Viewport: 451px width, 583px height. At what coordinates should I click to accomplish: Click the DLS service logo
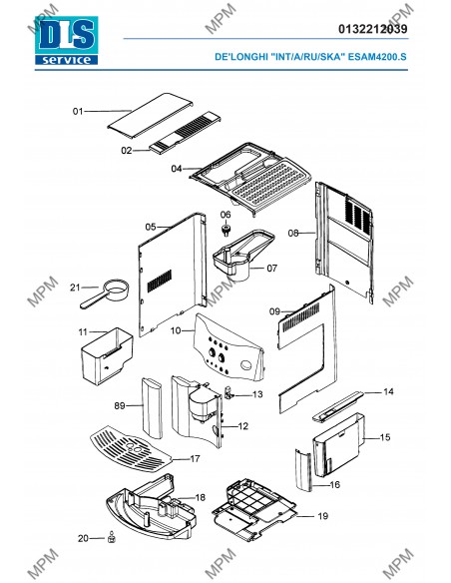point(66,41)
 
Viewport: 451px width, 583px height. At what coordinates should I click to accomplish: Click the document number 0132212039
point(372,29)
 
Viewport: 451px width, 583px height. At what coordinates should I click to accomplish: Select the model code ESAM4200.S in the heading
point(377,57)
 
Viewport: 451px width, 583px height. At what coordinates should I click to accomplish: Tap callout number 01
point(78,111)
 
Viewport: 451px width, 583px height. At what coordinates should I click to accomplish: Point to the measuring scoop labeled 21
point(105,293)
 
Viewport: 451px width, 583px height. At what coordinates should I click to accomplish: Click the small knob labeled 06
point(225,229)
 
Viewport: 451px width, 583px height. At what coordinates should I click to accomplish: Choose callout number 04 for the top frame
point(176,169)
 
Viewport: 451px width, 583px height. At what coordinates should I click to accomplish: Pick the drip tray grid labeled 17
point(131,449)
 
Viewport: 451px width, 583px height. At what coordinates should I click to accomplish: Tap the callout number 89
point(120,405)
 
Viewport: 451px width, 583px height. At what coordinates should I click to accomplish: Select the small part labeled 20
point(111,538)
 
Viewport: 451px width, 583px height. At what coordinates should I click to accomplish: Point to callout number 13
point(257,394)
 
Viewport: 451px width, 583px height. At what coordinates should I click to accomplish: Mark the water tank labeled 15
point(339,444)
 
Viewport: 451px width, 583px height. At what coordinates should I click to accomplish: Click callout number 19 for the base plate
point(323,516)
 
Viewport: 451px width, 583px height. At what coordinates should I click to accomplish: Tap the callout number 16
point(334,485)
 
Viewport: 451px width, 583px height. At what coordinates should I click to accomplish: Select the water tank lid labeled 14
point(337,406)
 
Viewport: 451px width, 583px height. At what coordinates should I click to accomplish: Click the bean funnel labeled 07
point(243,256)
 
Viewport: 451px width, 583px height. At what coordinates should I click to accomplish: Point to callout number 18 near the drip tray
point(201,497)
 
